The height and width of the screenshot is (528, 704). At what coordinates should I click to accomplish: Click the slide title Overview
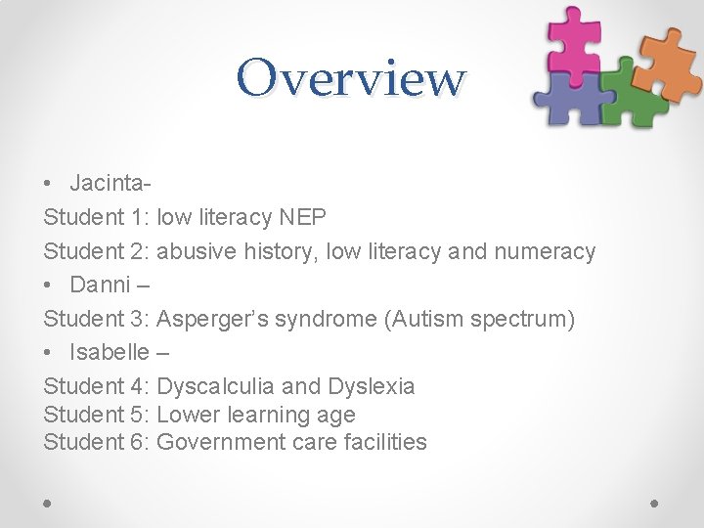(x=351, y=77)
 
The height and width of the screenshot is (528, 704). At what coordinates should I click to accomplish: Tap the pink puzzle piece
(x=574, y=37)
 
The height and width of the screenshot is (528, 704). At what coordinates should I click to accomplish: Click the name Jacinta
(x=108, y=184)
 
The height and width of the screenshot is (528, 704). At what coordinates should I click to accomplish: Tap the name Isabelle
(x=110, y=352)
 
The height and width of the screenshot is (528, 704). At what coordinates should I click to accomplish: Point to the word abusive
(x=196, y=251)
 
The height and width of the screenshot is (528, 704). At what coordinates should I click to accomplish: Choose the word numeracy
(x=545, y=251)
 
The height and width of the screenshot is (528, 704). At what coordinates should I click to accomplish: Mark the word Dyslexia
(x=372, y=386)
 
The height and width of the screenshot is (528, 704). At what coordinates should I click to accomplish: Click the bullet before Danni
(x=49, y=286)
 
